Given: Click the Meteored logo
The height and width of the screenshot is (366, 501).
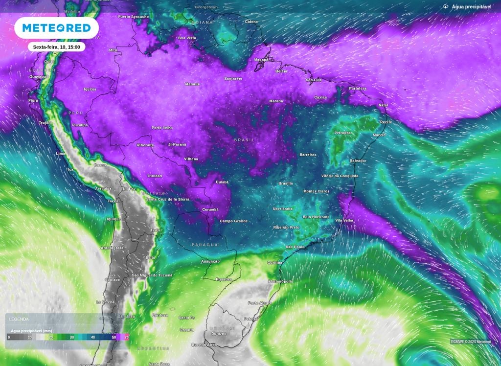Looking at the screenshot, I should (56, 28).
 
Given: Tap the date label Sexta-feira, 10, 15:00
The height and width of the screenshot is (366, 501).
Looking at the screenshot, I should (56, 47).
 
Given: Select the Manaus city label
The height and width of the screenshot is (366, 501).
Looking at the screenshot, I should (192, 84).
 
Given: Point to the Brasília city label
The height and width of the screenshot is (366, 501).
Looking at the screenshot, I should (285, 183).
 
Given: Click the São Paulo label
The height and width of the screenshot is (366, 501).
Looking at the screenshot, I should (295, 247).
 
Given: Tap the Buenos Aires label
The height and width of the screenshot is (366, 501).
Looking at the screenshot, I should (204, 344).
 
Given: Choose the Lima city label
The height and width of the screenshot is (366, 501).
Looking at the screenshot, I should (61, 153).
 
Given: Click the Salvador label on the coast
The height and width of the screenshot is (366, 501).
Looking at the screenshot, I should (358, 160).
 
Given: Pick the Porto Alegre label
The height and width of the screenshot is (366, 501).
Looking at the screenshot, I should (259, 303).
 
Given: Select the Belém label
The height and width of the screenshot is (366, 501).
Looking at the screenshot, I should (281, 71).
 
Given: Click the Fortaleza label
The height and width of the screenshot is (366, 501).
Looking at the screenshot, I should (358, 89).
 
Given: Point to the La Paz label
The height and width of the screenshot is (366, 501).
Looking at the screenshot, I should (129, 188).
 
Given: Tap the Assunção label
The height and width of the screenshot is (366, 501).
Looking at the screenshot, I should (210, 261).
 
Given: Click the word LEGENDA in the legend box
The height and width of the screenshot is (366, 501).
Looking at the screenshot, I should (19, 319).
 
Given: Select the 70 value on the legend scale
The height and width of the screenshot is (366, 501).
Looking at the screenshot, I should (127, 337).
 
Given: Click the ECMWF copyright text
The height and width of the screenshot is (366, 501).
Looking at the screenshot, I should (471, 342).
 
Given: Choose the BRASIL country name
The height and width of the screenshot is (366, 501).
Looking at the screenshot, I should (244, 140).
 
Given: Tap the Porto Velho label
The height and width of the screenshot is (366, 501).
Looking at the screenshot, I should (162, 128).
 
